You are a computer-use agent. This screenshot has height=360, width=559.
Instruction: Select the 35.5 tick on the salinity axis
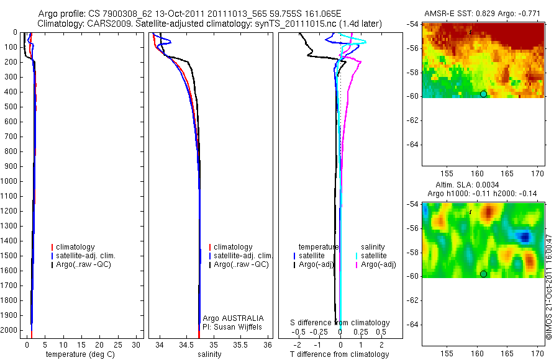[241, 343]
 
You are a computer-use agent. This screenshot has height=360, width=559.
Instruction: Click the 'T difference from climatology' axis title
[339, 354]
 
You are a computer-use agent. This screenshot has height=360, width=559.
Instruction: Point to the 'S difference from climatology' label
[340, 323]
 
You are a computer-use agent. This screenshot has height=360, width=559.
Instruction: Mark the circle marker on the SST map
[483, 94]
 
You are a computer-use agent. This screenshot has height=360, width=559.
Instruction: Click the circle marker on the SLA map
[483, 274]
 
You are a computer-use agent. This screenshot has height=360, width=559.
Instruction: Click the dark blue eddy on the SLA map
[525, 237]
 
